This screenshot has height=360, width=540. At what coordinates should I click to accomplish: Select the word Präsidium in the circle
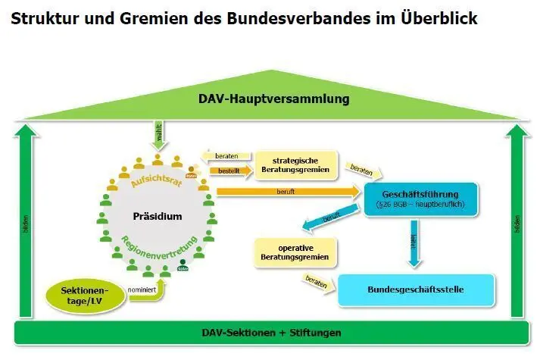[158, 216]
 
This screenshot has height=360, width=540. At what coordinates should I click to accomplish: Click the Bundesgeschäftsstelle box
[415, 290]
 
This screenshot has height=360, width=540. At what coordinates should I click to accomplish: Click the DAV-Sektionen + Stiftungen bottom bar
[270, 333]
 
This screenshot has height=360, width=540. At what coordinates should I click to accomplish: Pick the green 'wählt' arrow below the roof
[159, 137]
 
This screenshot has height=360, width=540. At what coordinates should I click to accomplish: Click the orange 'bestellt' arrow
[231, 171]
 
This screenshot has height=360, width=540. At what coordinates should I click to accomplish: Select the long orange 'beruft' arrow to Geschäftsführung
[288, 193]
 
